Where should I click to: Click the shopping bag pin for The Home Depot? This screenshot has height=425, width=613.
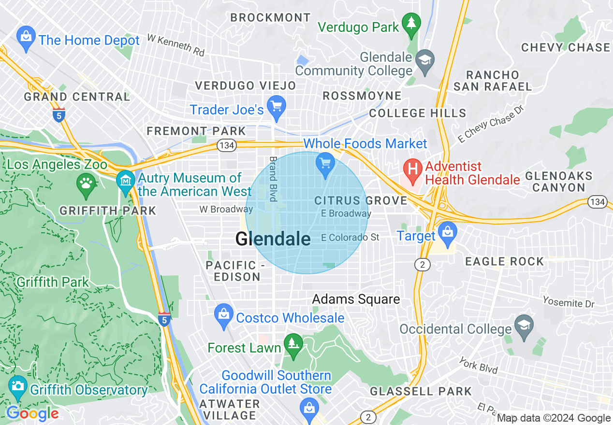[x=25, y=38]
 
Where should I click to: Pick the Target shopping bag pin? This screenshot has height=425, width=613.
[x=448, y=232]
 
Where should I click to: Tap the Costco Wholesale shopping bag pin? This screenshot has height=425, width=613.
[x=223, y=316]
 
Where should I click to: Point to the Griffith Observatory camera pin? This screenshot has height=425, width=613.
[x=18, y=387]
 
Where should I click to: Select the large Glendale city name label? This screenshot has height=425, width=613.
[x=273, y=239]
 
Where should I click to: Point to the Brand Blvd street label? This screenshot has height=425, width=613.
[x=273, y=179]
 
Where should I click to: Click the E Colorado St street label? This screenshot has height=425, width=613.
[x=350, y=237]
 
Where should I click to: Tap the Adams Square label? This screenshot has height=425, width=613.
[x=356, y=299]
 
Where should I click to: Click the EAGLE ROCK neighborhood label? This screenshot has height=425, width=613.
[x=504, y=261]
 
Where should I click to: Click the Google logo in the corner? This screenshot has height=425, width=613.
[x=33, y=413]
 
